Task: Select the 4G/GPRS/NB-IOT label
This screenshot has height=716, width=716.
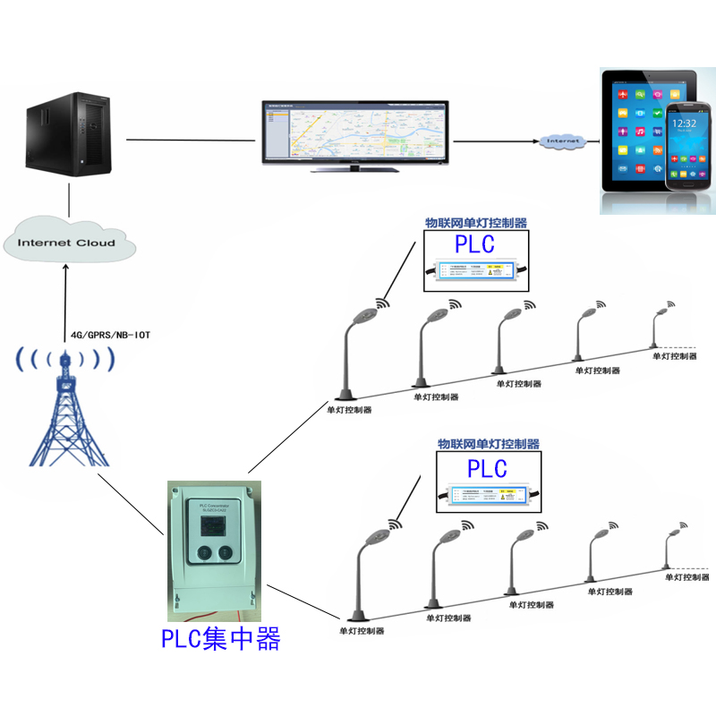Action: click(110, 336)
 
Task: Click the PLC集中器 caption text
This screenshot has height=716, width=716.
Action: click(221, 639)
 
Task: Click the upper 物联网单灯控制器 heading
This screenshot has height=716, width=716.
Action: click(475, 223)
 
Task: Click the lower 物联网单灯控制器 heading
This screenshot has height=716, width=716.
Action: click(488, 443)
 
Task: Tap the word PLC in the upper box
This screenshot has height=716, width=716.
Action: click(474, 244)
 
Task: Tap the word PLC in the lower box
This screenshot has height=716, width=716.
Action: click(487, 468)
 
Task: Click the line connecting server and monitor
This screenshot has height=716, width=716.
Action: click(192, 140)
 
